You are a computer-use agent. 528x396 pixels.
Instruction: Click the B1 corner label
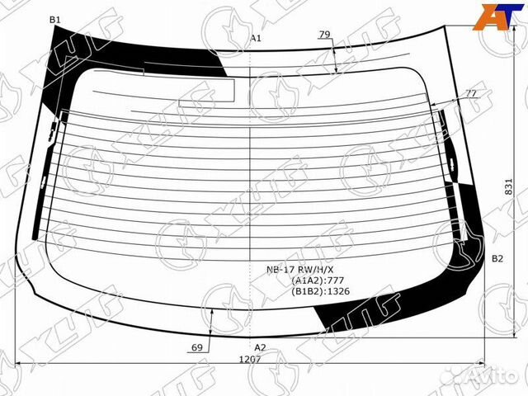pos(54,20)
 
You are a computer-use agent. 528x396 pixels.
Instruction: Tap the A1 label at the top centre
pos(256,38)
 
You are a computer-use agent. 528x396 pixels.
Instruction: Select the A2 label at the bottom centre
pos(260,347)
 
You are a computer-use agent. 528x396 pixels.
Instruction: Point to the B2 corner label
pos(497,258)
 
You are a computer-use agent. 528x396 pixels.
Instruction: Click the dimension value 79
pos(324,34)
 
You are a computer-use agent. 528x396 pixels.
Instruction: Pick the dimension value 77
pos(471,93)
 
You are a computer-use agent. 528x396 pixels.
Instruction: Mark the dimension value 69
pos(197,347)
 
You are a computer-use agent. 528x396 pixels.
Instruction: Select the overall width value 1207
pos(250,360)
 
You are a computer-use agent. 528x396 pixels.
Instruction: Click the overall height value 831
pos(508,186)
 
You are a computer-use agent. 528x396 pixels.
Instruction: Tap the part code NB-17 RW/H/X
pos(300,270)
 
